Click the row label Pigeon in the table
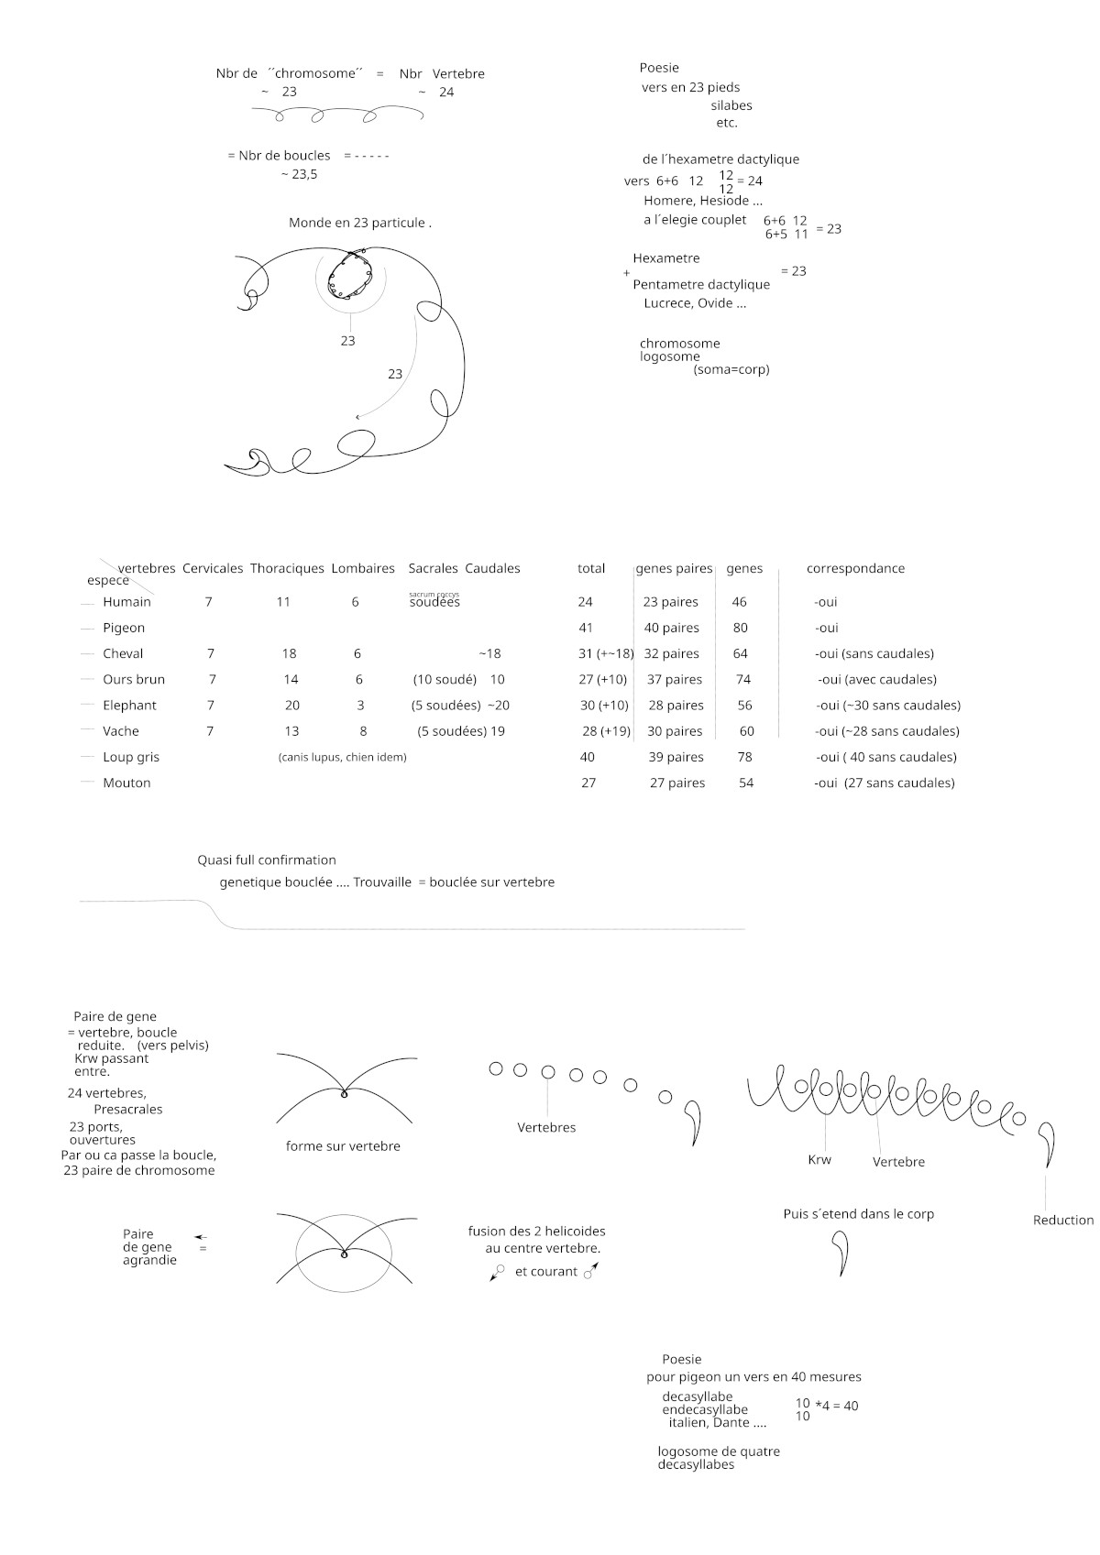click(x=124, y=628)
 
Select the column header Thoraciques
click(x=287, y=568)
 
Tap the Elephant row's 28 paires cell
click(x=676, y=706)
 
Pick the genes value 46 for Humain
click(x=739, y=602)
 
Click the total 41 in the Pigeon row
click(x=586, y=628)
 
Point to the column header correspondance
click(x=855, y=568)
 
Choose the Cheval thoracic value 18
click(x=289, y=653)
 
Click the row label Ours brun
click(x=134, y=679)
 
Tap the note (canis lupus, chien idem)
click(x=342, y=757)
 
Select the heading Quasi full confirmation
click(x=267, y=860)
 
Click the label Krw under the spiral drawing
click(x=819, y=1160)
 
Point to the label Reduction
click(x=1062, y=1220)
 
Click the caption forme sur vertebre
click(x=343, y=1146)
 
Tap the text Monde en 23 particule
click(x=359, y=223)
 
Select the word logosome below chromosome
click(x=670, y=356)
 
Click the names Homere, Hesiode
click(x=702, y=201)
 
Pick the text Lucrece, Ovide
click(x=695, y=303)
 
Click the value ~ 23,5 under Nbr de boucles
click(x=299, y=174)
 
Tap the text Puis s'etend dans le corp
click(x=858, y=1214)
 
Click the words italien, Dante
click(x=717, y=1423)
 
